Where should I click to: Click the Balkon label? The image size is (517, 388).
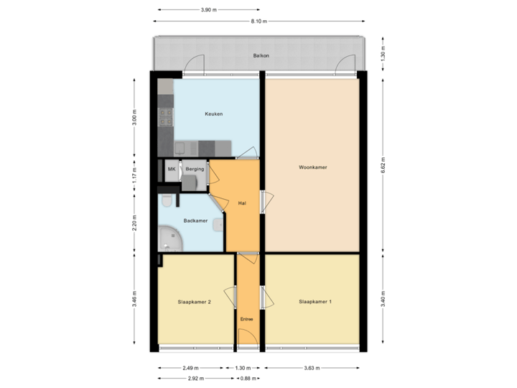click(260, 55)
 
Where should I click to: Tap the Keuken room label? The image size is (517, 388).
click(213, 114)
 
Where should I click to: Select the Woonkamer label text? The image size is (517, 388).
click(313, 167)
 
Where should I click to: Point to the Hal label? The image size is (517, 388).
click(242, 203)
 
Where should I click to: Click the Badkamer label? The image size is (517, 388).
click(195, 221)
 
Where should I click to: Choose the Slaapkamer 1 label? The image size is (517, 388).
click(315, 302)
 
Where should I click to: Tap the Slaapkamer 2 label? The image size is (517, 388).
click(194, 302)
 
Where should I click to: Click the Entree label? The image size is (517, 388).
click(246, 318)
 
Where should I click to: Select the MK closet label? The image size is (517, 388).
click(171, 169)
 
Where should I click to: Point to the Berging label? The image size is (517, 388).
click(195, 169)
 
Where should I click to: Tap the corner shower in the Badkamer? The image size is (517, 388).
click(171, 238)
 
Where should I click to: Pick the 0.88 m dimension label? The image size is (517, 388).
click(247, 377)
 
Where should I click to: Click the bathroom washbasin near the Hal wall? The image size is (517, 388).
click(216, 224)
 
